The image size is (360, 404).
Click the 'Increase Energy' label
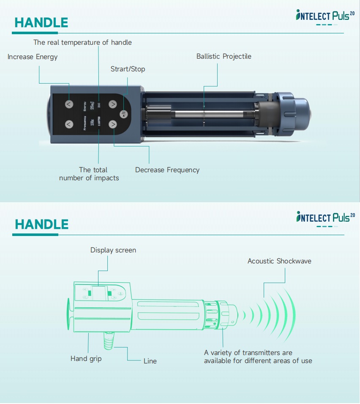click(x=33, y=57)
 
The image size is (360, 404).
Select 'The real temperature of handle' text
click(x=82, y=42)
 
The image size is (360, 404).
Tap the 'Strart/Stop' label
click(x=128, y=69)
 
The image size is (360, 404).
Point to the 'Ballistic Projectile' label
click(x=224, y=56)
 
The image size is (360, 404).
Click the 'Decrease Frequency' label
click(x=167, y=170)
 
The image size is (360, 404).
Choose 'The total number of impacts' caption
click(x=89, y=174)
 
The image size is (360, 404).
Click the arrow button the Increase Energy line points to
click(x=69, y=104)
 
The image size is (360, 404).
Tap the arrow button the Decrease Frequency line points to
click(x=113, y=124)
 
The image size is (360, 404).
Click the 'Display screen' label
click(x=113, y=250)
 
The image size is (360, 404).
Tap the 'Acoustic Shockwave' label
click(x=279, y=261)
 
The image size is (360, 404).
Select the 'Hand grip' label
click(x=86, y=359)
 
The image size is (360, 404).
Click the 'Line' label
click(x=150, y=361)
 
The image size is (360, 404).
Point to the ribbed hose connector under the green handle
click(x=109, y=339)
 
